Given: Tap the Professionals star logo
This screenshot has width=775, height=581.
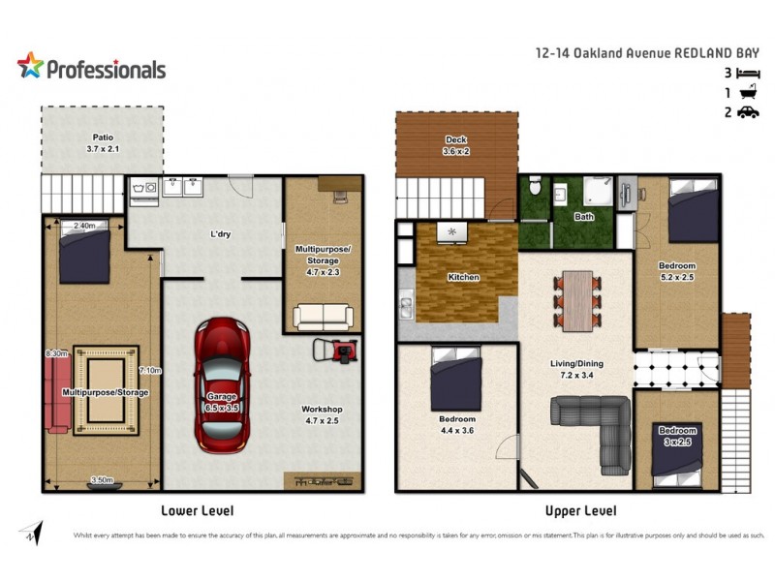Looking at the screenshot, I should (x=30, y=66).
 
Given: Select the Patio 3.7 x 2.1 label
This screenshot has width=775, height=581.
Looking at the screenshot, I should (x=102, y=144).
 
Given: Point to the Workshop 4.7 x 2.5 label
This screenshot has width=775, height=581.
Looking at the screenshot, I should (x=322, y=415).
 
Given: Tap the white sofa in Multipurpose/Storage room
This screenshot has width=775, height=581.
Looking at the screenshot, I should (x=323, y=317).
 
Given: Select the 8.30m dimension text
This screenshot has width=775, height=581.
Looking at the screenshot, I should (x=54, y=354).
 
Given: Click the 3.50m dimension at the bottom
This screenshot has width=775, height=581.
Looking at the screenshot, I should (x=102, y=478).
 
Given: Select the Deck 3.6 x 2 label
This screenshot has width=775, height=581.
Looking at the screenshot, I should (x=456, y=146).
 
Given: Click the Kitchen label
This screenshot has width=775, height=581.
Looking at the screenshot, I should (x=463, y=278).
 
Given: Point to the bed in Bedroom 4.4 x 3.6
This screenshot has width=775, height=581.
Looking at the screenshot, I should (x=455, y=379).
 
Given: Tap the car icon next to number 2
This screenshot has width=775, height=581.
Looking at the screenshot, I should (x=748, y=112).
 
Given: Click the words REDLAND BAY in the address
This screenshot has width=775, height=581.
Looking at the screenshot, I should (x=718, y=54).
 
